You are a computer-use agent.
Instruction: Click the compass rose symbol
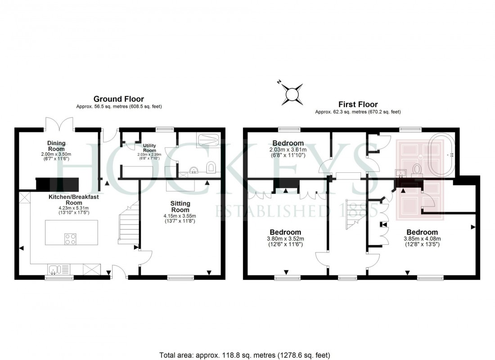pos(292,94)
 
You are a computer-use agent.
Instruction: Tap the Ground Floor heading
pos(119,99)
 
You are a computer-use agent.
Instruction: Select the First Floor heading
pos(358,104)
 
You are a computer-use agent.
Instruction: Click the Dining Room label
pos(57,146)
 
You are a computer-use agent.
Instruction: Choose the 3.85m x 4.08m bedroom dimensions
pos(422,242)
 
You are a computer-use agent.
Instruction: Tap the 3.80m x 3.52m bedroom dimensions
pos(286,242)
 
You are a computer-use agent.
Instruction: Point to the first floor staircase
pos(353,216)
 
